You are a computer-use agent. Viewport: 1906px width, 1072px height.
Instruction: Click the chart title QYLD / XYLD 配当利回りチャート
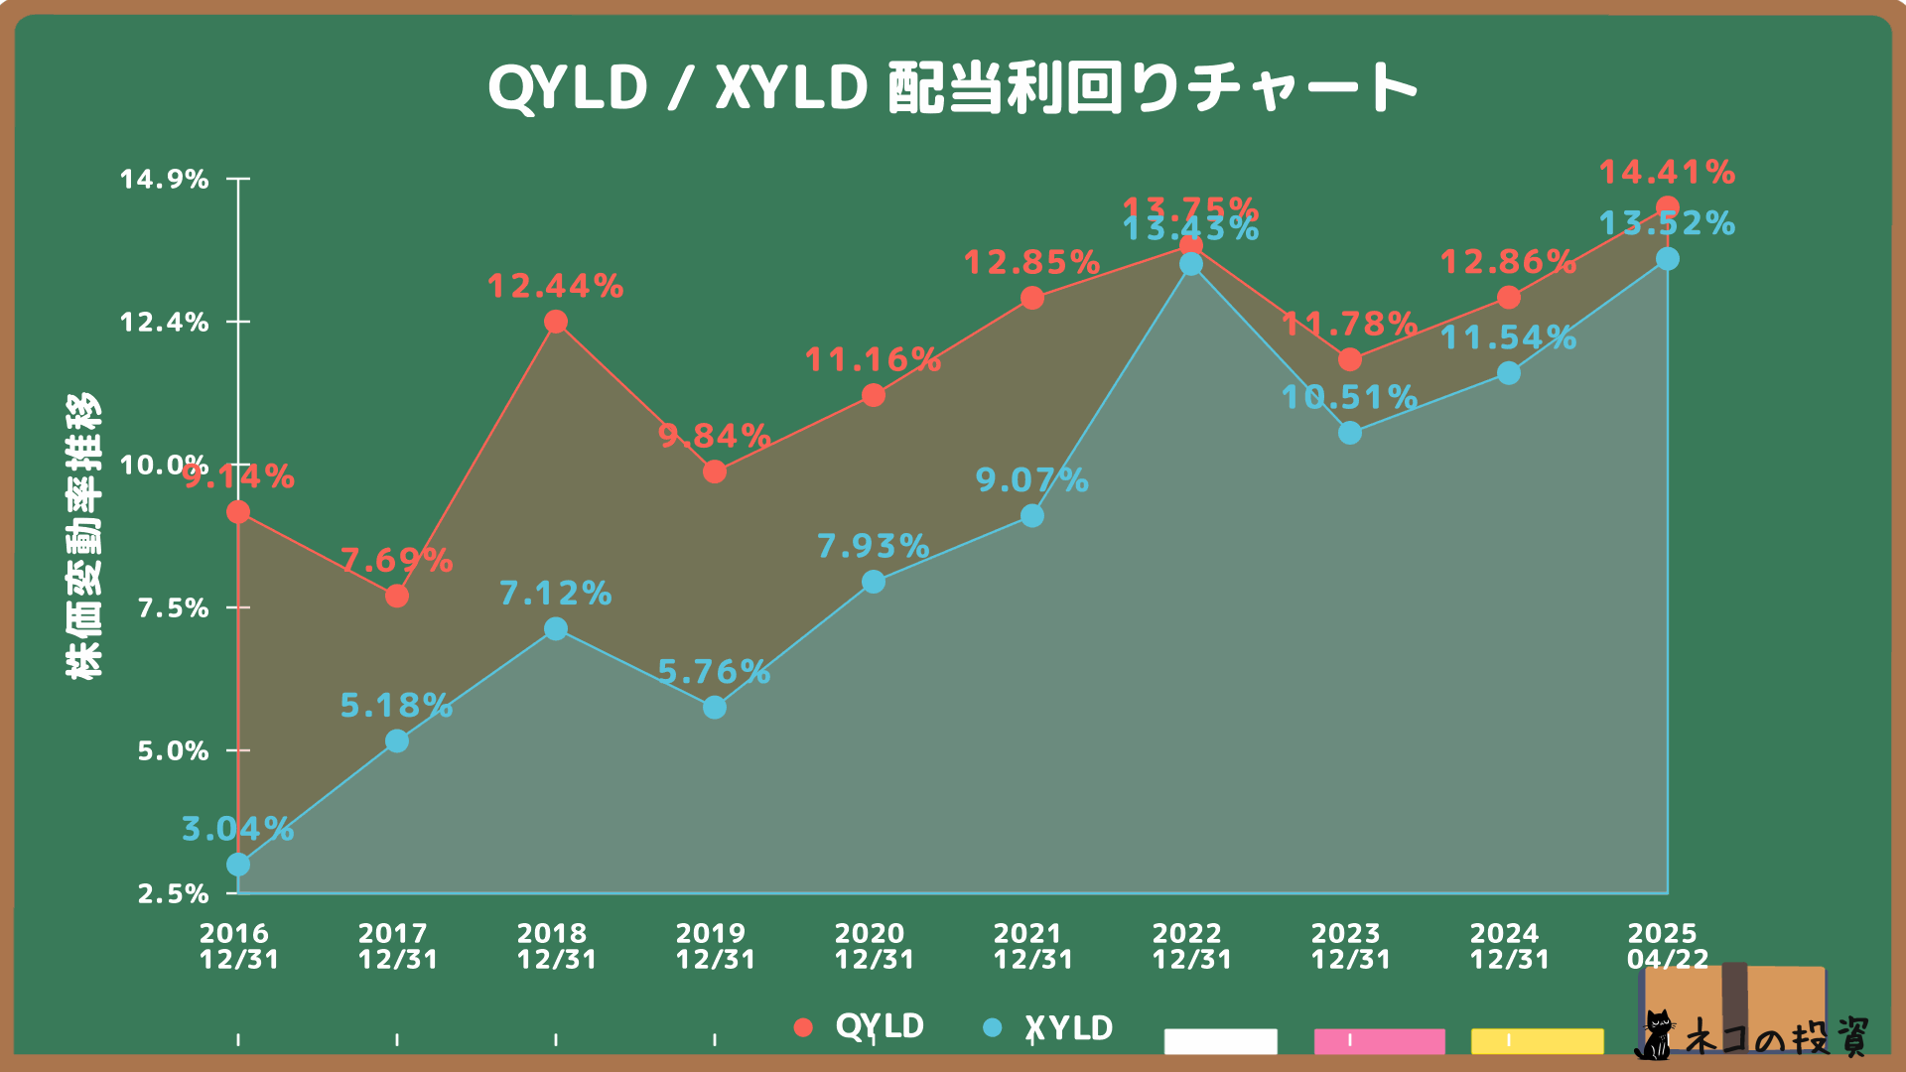(x=953, y=87)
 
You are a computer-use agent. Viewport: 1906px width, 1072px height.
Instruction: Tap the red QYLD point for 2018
(x=556, y=322)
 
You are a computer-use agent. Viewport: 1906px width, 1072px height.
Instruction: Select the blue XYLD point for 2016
(x=238, y=865)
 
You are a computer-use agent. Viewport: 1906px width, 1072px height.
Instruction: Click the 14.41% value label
(x=1667, y=173)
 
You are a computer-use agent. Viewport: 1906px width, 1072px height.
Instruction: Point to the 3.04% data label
(x=237, y=829)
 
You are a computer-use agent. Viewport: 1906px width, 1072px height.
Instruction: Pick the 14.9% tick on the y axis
(x=165, y=180)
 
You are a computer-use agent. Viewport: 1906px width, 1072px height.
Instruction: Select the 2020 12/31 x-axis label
(x=874, y=946)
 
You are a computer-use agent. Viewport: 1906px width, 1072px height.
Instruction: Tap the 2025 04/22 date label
(x=1667, y=946)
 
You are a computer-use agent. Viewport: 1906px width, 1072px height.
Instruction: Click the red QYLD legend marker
(x=804, y=1027)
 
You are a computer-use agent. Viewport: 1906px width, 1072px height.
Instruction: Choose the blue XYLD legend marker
(x=992, y=1027)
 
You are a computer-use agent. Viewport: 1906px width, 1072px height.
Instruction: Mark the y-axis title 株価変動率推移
(x=83, y=536)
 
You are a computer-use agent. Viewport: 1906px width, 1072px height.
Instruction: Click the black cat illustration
(x=1654, y=1034)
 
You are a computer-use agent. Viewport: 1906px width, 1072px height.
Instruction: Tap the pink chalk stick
(x=1379, y=1041)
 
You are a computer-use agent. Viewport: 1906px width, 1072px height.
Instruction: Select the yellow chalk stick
(x=1537, y=1041)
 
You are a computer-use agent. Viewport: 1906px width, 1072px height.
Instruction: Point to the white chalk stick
(x=1220, y=1041)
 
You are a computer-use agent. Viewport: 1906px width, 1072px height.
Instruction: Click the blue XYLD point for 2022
(x=1191, y=264)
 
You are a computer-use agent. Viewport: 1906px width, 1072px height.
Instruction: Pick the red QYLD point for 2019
(x=715, y=471)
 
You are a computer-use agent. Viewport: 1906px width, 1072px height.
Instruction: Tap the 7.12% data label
(x=555, y=594)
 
